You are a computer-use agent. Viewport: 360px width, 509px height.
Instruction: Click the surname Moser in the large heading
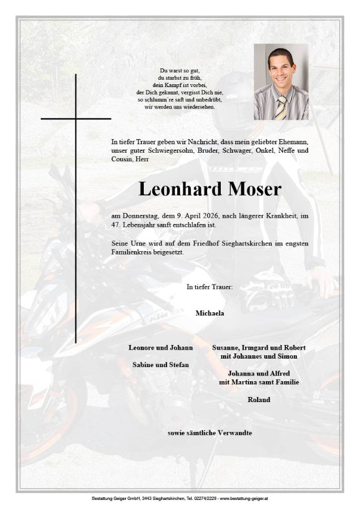point(254,189)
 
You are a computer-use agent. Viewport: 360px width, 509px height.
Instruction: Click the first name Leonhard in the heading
point(179,189)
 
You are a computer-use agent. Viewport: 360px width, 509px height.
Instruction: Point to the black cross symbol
point(75,119)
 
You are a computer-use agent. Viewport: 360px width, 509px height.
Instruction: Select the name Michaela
point(210,313)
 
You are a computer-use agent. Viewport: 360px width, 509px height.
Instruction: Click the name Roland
point(259,400)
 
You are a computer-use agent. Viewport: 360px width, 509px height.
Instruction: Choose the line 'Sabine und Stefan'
point(161,365)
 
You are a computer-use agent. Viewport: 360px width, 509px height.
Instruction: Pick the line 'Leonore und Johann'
point(161,347)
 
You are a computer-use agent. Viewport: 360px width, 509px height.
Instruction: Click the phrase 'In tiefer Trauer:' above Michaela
point(209,287)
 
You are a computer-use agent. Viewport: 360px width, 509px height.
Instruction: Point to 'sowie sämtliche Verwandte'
point(210,433)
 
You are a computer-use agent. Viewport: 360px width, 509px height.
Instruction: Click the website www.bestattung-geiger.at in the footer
point(244,498)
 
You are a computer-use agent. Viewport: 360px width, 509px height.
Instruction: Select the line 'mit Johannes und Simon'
point(259,356)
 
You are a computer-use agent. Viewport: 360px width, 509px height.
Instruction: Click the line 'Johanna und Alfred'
point(259,374)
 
